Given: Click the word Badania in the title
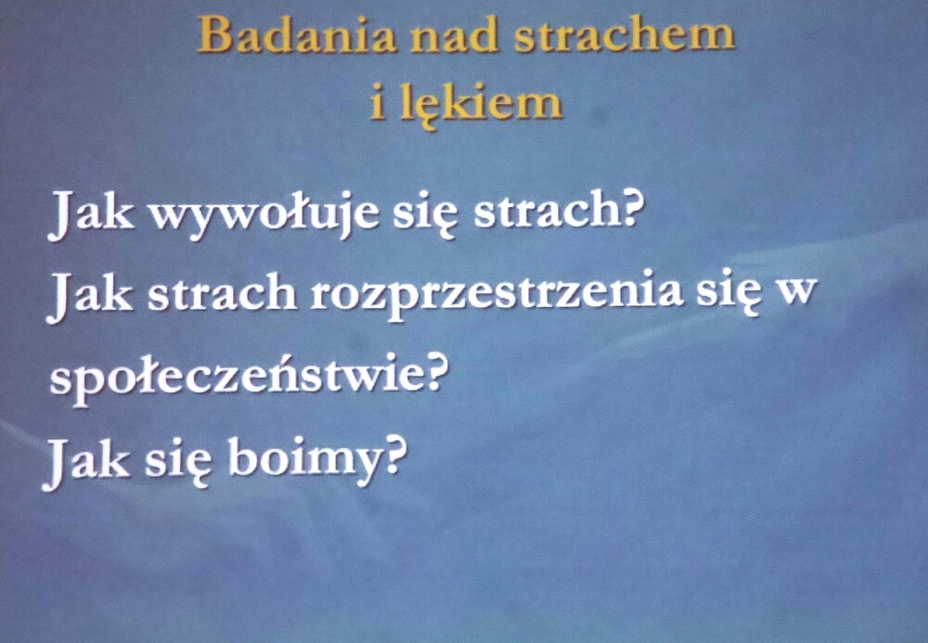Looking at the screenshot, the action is [297, 35].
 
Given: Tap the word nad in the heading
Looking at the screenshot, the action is [455, 35].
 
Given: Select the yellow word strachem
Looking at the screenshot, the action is [625, 35].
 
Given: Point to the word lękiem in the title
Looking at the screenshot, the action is [481, 104].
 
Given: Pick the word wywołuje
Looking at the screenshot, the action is [264, 213].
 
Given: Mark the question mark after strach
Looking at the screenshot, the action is [631, 209].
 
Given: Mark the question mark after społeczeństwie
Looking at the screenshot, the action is [432, 373].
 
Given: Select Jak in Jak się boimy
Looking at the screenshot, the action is [85, 462].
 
